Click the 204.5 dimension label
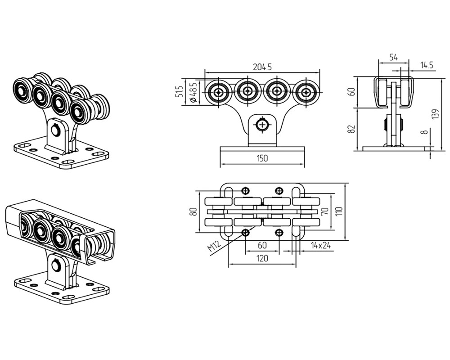262,67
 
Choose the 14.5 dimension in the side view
426,65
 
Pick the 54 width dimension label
393,57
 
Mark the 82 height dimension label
352,129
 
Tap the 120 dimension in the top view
262,258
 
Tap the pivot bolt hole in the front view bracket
262,125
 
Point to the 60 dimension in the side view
352,92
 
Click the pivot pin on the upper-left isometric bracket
55,130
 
